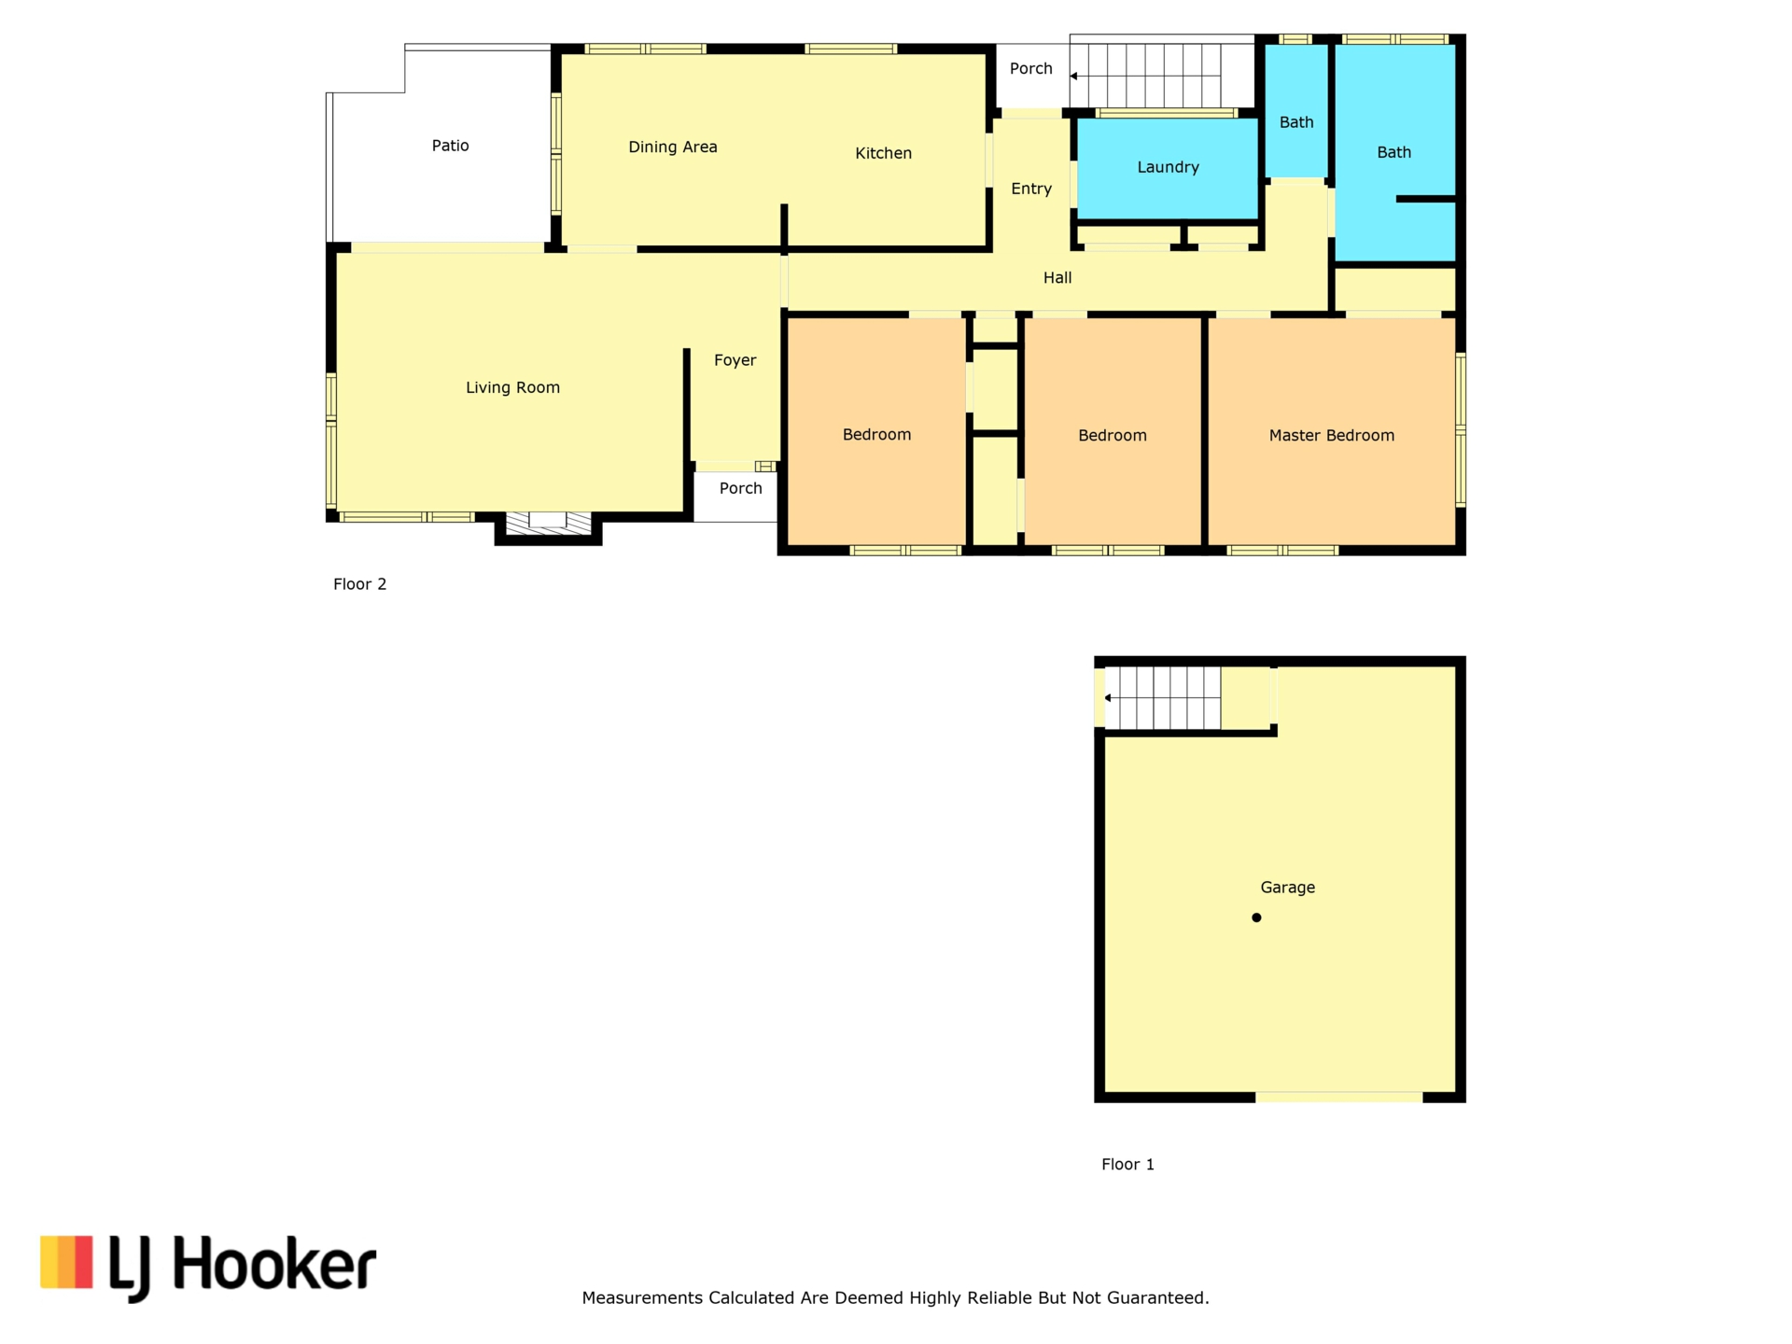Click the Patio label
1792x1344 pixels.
click(x=450, y=146)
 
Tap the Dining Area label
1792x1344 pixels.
click(x=672, y=147)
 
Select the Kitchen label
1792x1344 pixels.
click(x=883, y=153)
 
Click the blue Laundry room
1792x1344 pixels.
click(x=1168, y=168)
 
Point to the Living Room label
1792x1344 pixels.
click(x=512, y=388)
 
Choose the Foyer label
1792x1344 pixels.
click(x=735, y=360)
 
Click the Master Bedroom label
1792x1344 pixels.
click(x=1331, y=436)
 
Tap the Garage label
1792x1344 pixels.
click(x=1287, y=888)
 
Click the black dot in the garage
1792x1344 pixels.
click(x=1256, y=917)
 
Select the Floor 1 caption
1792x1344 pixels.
click(x=1127, y=1164)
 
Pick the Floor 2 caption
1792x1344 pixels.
click(x=359, y=584)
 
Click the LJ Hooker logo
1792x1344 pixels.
click(x=208, y=1267)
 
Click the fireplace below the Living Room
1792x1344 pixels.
click(x=548, y=525)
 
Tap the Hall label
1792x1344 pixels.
click(x=1057, y=278)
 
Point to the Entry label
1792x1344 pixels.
click(x=1031, y=189)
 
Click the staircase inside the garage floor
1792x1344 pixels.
click(x=1163, y=698)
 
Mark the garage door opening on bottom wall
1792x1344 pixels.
click(x=1338, y=1098)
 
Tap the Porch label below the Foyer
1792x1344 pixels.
click(x=740, y=488)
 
